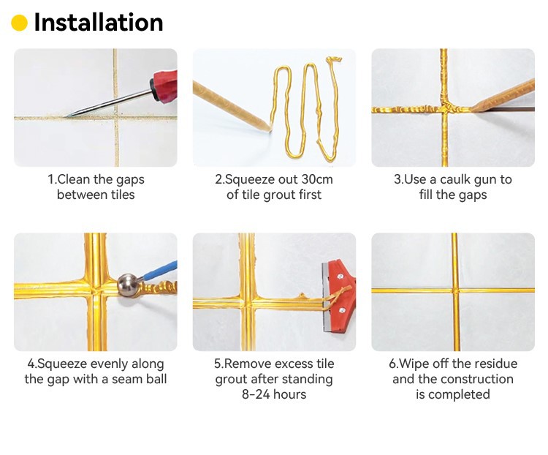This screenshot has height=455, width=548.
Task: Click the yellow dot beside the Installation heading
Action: [19, 23]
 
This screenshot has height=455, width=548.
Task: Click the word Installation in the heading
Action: [99, 23]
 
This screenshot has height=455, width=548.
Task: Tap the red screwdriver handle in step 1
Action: [164, 86]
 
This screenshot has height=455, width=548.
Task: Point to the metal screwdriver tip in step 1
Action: [68, 116]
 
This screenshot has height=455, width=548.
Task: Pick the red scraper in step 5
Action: [338, 296]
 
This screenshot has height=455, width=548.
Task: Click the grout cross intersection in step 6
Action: [455, 290]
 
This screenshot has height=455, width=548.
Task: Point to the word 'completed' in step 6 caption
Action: [459, 395]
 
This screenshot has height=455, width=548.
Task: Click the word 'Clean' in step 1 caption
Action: [73, 179]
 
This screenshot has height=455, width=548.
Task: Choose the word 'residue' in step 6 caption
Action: [495, 364]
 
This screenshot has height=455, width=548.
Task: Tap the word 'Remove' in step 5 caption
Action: [245, 364]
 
